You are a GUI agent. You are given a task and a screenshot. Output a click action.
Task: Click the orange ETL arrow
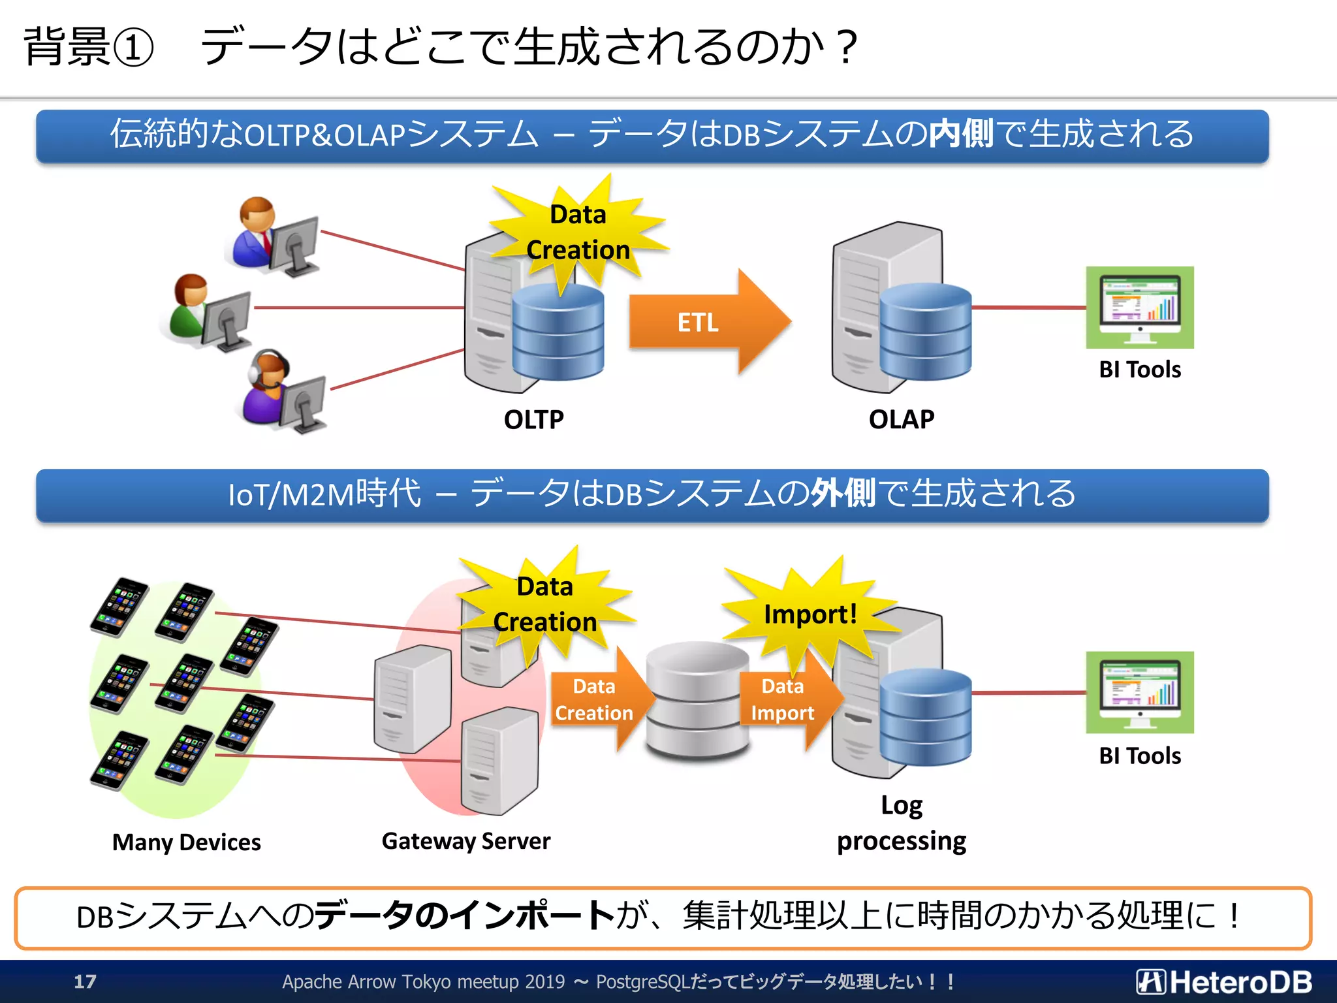(x=702, y=322)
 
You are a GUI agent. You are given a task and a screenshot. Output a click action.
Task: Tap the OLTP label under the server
(x=533, y=419)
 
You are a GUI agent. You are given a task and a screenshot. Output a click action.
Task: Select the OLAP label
(x=901, y=419)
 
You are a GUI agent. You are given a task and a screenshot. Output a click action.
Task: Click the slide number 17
(x=85, y=981)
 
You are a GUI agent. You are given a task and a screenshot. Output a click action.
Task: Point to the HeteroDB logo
(x=1224, y=981)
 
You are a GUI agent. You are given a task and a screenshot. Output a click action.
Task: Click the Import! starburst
(x=810, y=614)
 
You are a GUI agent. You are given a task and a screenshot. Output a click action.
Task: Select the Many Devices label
(x=186, y=842)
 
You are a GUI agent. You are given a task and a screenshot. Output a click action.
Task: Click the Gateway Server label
(x=465, y=841)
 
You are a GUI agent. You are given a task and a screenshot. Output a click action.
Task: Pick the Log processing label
(x=901, y=823)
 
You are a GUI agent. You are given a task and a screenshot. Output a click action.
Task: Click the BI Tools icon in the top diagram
(x=1140, y=307)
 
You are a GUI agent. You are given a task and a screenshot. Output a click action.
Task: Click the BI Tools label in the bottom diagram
(x=1140, y=756)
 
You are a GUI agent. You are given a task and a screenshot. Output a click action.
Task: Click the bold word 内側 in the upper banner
(x=961, y=134)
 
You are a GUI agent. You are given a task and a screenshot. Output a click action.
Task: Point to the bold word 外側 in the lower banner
(x=842, y=493)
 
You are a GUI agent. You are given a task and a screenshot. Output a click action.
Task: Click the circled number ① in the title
(x=134, y=47)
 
